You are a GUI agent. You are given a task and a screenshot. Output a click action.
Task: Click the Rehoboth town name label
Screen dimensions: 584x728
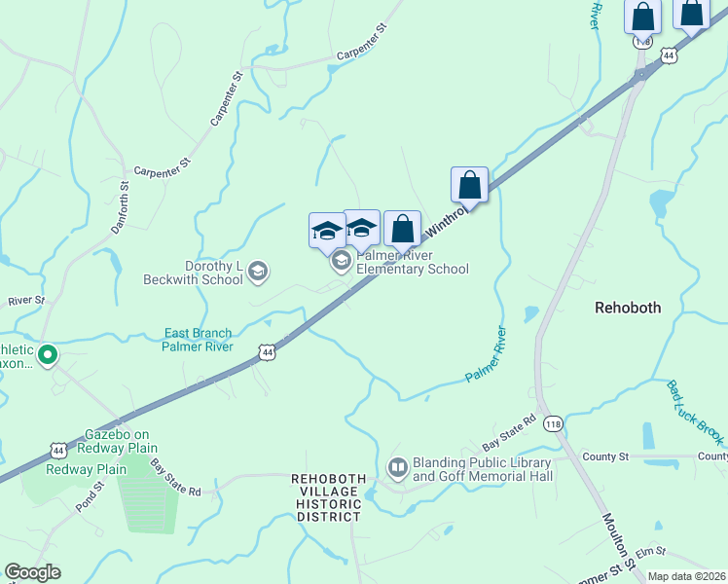click(628, 308)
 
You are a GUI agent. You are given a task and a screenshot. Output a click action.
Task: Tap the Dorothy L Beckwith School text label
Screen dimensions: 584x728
click(213, 273)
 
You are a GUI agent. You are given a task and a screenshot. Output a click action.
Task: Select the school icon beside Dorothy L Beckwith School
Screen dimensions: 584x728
click(258, 272)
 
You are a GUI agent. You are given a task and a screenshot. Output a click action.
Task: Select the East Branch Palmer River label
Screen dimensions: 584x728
click(197, 340)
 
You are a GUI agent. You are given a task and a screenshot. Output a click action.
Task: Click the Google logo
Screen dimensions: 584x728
click(32, 572)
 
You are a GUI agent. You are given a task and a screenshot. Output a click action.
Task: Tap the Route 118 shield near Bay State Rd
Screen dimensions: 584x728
click(554, 423)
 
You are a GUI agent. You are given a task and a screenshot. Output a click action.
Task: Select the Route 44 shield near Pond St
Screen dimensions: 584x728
click(59, 450)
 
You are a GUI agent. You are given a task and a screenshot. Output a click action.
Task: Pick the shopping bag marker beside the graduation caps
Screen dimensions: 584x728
click(402, 230)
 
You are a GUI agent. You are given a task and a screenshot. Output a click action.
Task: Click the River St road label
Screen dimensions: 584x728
click(25, 301)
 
